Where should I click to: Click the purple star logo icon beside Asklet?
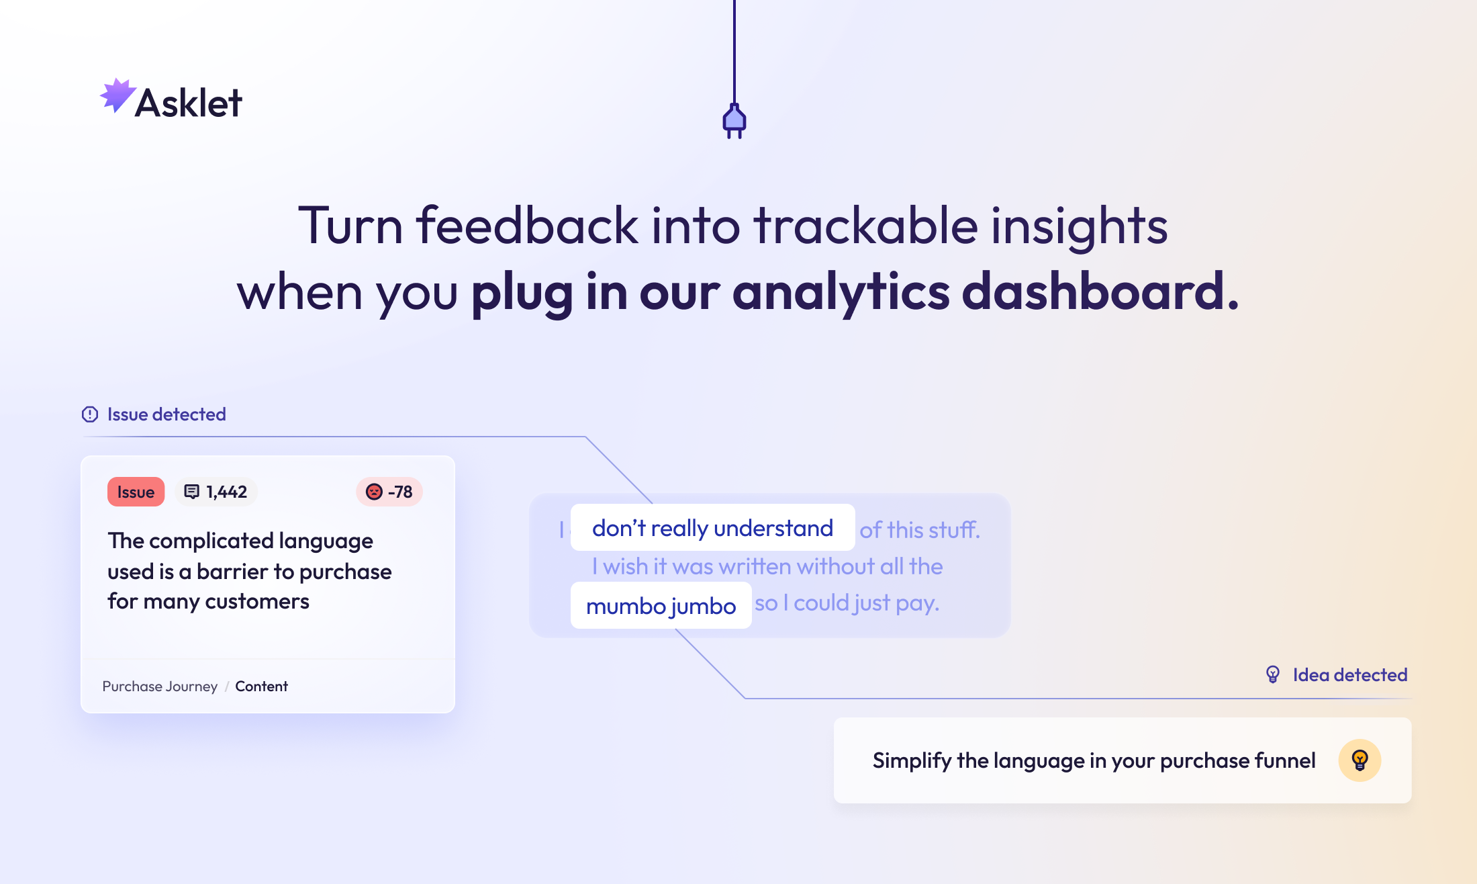[x=117, y=95]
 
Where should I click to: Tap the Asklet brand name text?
[x=189, y=103]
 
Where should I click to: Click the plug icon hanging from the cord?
[x=734, y=121]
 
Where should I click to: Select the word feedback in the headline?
[x=527, y=226]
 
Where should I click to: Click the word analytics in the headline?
[x=841, y=293]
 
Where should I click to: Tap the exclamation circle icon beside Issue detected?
[x=90, y=414]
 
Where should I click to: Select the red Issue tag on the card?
[x=136, y=492]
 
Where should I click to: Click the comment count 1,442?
[x=226, y=492]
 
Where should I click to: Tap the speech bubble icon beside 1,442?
[x=192, y=492]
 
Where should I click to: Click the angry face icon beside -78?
[x=374, y=492]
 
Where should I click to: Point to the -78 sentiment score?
[x=400, y=492]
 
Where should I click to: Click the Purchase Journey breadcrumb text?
[x=160, y=687]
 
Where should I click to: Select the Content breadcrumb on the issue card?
[x=261, y=687]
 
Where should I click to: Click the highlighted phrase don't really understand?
[x=712, y=528]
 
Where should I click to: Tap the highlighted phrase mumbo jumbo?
[x=661, y=606]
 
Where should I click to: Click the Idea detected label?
[x=1350, y=675]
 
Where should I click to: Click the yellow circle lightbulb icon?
[x=1360, y=760]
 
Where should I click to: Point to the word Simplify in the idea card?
[x=912, y=761]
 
